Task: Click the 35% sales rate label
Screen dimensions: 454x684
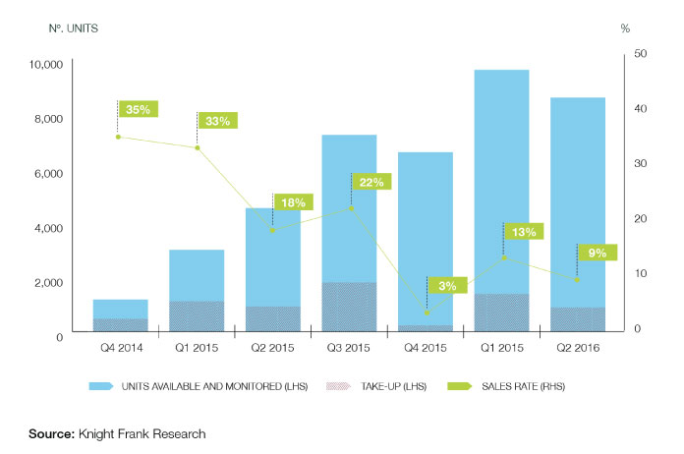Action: (x=138, y=110)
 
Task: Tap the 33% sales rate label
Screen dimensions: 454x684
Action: (x=218, y=122)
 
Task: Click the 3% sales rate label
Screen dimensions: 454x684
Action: (x=447, y=286)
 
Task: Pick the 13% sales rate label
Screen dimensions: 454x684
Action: (x=524, y=232)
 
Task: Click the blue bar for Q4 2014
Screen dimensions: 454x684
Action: (x=120, y=309)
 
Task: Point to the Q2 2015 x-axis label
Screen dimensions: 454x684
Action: (x=272, y=347)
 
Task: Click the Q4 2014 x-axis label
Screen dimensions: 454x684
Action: (x=120, y=347)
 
